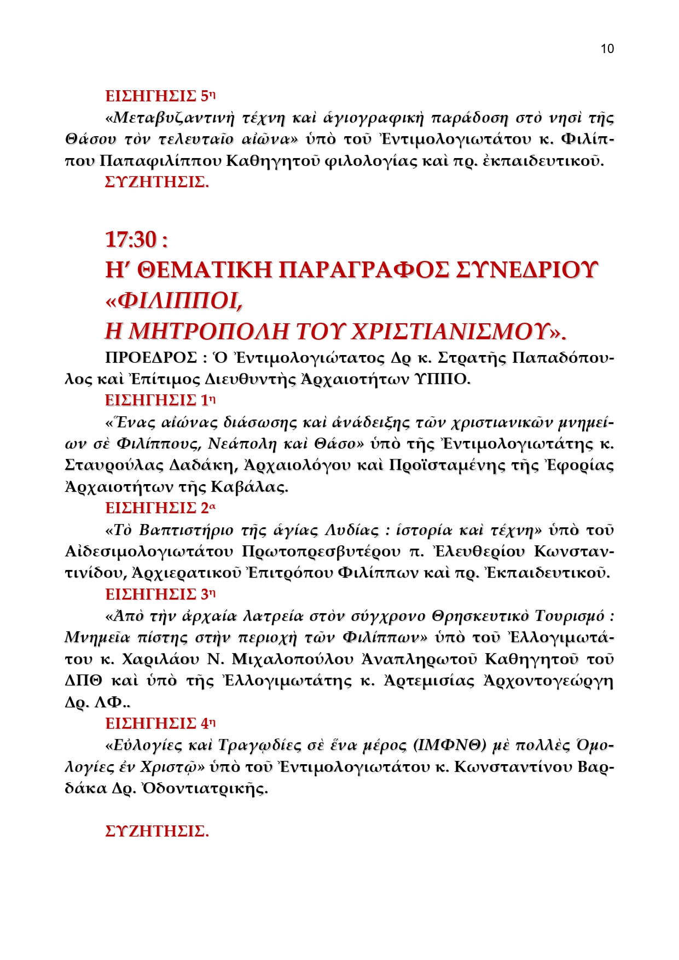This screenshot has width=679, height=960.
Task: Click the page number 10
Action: point(607,49)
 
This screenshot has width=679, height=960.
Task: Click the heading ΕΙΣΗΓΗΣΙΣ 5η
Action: point(160,96)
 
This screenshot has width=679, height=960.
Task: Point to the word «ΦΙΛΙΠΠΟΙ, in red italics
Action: point(174,300)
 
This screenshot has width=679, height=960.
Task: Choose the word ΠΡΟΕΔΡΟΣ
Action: point(151,358)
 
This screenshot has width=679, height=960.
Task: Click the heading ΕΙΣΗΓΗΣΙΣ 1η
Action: point(160,400)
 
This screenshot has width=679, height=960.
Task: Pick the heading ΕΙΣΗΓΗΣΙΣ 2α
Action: point(160,508)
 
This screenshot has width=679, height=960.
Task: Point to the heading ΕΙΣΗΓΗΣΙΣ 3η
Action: point(160,594)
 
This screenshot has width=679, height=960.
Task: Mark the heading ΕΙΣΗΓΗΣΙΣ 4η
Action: point(160,724)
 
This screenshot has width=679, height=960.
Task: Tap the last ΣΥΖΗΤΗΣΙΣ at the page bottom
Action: point(156,831)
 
